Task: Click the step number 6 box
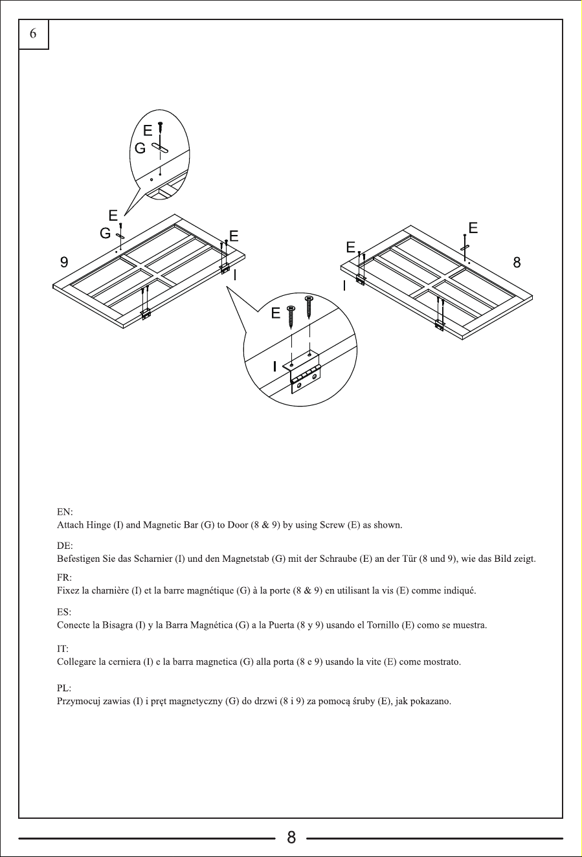(34, 34)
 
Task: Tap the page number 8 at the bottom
(291, 838)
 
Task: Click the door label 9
(64, 262)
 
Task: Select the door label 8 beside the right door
(517, 262)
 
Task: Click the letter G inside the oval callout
(140, 148)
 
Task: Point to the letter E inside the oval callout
(148, 131)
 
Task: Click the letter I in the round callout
(274, 366)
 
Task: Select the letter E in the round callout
(276, 313)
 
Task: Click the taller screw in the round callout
(308, 307)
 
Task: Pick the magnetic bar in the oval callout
(160, 148)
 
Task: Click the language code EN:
(65, 512)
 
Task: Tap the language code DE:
(65, 546)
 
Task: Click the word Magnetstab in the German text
(245, 559)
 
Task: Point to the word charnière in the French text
(109, 590)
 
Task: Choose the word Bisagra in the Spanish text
(117, 625)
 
